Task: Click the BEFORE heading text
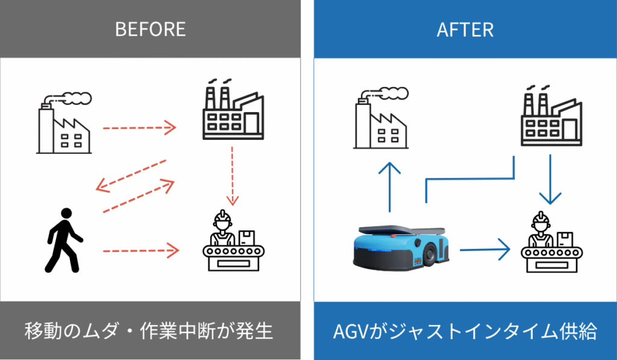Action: pos(150,30)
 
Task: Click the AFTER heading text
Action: pos(465,30)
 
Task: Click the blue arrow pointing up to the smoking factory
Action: pos(390,187)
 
